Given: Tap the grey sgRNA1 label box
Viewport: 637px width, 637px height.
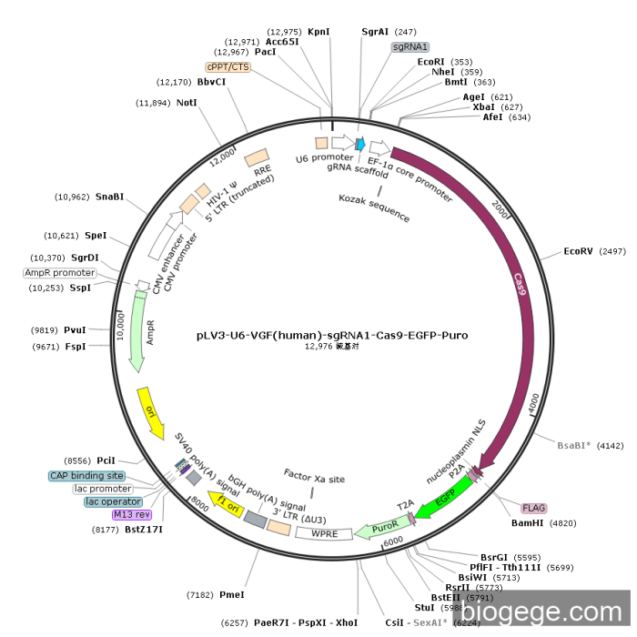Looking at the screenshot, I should coord(410,46).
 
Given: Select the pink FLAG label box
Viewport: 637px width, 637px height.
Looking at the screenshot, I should coord(533,508).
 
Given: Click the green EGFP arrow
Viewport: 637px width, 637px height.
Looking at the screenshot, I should coord(444,500).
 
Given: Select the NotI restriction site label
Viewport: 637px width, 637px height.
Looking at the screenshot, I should coord(187,103).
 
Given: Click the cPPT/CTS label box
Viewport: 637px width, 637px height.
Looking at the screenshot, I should coord(227,66).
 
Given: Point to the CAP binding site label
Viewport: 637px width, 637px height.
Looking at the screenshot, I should coord(86,476).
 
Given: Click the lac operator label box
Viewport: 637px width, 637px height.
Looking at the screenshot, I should coord(113,501).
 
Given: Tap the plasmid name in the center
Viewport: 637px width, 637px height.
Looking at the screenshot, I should coord(332,335).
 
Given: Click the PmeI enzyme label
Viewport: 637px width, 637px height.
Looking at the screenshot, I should coord(232,594).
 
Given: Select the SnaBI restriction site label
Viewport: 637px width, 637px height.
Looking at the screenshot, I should coord(110,197).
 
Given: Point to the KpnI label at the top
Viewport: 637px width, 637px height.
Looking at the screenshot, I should coord(318,31).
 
